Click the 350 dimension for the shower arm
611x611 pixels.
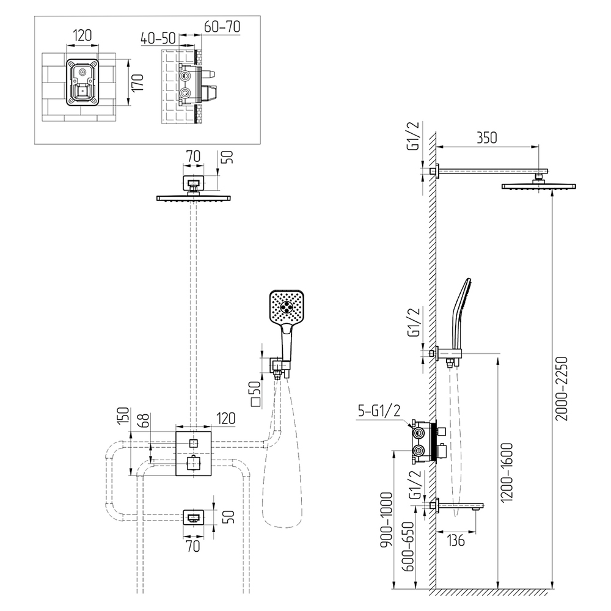click(x=486, y=137)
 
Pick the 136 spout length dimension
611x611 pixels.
click(x=456, y=541)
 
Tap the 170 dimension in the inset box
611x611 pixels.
click(x=139, y=82)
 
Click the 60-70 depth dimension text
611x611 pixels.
click(x=222, y=26)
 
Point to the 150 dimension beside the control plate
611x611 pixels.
click(x=122, y=417)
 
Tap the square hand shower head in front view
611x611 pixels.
click(x=287, y=309)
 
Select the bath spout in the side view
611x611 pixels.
click(x=461, y=505)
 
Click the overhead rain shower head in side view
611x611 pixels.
click(x=538, y=186)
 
